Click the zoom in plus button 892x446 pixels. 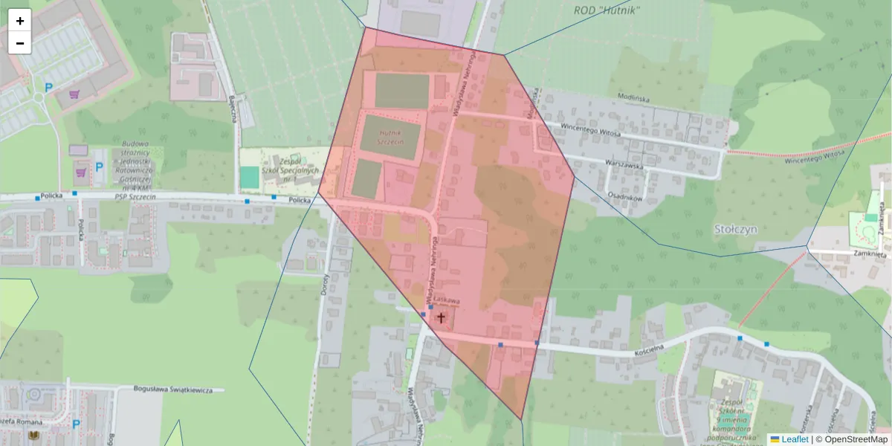pos(20,21)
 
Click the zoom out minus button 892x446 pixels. pos(20,43)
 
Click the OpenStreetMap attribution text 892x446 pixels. pos(851,439)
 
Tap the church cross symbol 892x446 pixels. pos(441,318)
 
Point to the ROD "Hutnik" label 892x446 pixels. pos(607,10)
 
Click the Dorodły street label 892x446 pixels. pos(325,282)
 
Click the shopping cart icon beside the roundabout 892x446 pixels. pos(74,94)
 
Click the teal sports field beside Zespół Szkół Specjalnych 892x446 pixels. pos(250,177)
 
